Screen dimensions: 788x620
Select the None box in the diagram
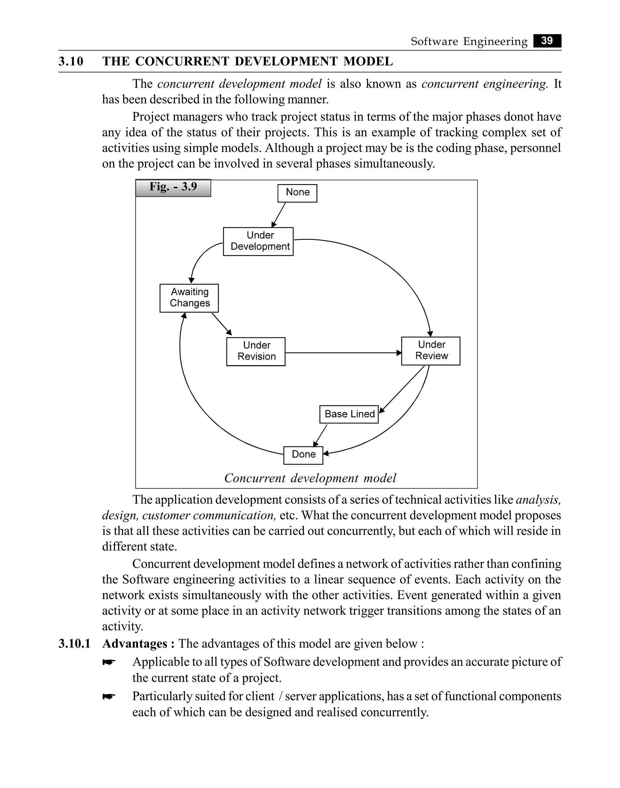click(297, 193)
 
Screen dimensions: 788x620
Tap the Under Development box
click(258, 241)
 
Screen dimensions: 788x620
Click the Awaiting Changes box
click(189, 298)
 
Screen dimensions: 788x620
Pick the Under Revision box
click(256, 351)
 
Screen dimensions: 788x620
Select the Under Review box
click(430, 351)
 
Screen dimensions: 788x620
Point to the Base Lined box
click(349, 414)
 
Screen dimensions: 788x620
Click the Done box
click(303, 455)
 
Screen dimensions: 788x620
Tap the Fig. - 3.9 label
click(173, 188)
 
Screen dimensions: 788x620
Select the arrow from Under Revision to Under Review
click(343, 353)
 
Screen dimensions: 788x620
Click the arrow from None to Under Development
click(279, 215)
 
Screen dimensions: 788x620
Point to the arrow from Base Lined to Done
click(320, 436)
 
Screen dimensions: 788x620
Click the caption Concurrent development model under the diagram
click(310, 478)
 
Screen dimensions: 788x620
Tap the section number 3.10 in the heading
click(71, 61)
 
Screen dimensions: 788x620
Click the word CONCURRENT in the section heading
click(183, 61)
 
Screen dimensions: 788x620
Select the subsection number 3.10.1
click(74, 644)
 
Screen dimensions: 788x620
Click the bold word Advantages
click(135, 644)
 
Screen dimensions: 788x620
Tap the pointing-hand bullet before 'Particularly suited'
click(109, 696)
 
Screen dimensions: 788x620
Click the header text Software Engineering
click(469, 41)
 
